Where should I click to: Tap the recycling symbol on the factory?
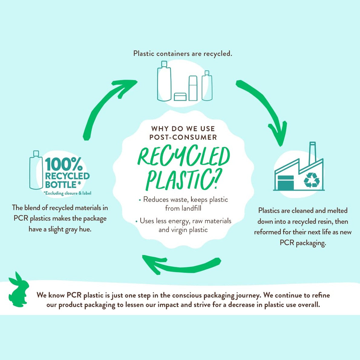click(311, 180)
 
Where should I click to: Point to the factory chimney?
click(313, 153)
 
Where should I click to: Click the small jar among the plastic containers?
click(181, 97)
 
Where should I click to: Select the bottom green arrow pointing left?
click(182, 266)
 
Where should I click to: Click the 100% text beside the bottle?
click(64, 164)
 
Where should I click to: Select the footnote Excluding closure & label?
click(67, 193)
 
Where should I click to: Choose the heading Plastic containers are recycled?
click(183, 54)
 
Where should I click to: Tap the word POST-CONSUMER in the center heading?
click(183, 137)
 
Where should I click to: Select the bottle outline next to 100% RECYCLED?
click(36, 170)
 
